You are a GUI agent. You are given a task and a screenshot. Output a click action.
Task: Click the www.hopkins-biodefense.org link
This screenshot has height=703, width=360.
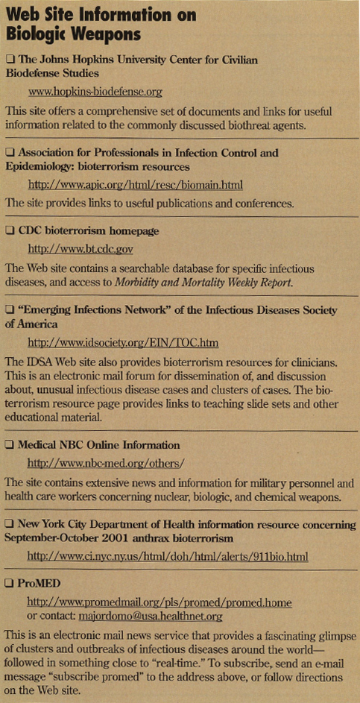tap(95, 92)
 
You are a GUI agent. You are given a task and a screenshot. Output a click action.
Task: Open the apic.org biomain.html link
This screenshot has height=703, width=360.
tap(135, 185)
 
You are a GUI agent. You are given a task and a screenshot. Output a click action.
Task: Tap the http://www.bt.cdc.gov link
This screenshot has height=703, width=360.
tap(80, 249)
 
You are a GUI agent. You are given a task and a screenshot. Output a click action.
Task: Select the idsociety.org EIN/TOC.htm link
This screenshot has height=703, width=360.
tap(123, 343)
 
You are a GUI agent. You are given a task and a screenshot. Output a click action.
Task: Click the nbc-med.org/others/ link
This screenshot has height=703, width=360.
tap(105, 463)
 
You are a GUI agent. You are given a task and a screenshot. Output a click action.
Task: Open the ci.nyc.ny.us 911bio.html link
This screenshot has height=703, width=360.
tap(168, 556)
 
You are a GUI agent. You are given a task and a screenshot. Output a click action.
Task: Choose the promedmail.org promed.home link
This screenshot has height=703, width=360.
tap(148, 602)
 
